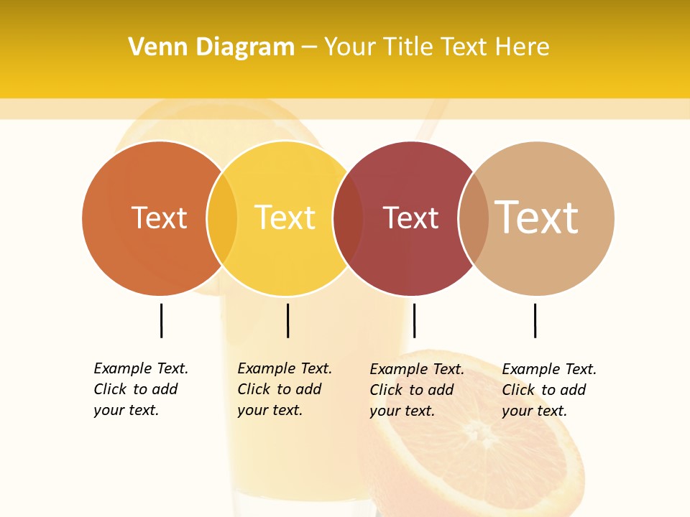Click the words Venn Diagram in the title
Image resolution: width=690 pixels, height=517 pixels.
(x=211, y=47)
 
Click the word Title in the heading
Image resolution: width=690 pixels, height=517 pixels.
(x=407, y=47)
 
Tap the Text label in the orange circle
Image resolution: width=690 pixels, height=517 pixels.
(x=159, y=218)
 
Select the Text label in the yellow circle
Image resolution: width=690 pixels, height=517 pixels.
(x=285, y=218)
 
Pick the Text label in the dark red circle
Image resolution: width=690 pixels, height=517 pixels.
(x=410, y=218)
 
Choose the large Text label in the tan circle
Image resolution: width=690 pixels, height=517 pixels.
(x=537, y=217)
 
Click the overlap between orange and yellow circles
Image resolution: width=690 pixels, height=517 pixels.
(x=222, y=218)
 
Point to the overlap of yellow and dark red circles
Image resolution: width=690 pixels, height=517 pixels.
(x=348, y=218)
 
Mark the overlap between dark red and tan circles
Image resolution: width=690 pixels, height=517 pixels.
(x=474, y=218)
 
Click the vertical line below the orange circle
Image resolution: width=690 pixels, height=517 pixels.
(x=161, y=320)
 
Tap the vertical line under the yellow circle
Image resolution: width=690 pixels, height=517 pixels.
(x=287, y=320)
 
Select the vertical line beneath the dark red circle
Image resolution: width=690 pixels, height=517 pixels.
(x=414, y=320)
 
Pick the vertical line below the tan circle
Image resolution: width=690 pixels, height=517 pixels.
(x=535, y=320)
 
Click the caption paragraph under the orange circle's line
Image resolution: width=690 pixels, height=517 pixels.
(x=141, y=389)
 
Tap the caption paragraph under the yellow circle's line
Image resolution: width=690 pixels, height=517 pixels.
(x=285, y=389)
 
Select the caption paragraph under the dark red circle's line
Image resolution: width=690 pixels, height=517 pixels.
(x=417, y=390)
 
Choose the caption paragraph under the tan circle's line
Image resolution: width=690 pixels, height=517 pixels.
(x=549, y=390)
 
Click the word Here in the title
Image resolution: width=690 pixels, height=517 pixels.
(x=523, y=47)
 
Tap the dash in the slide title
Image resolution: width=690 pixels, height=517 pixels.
(x=309, y=47)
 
